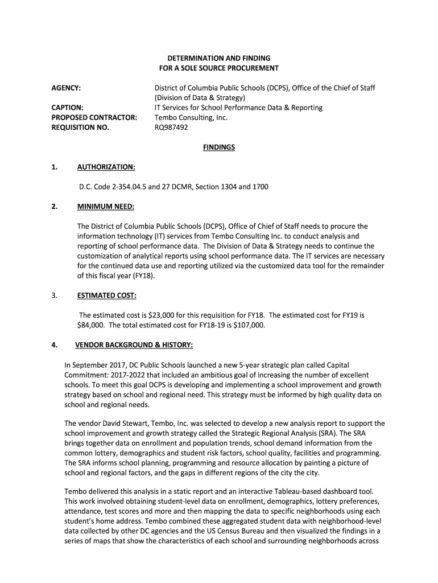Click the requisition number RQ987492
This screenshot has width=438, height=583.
pyautogui.click(x=171, y=128)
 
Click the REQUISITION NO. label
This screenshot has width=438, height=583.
pyautogui.click(x=80, y=128)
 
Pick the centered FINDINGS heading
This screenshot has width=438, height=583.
pyautogui.click(x=219, y=147)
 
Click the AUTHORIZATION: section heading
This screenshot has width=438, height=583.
pyautogui.click(x=106, y=167)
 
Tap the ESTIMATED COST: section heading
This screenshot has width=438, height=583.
pyautogui.click(x=106, y=295)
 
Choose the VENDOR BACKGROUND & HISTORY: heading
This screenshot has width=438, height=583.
pyautogui.click(x=134, y=345)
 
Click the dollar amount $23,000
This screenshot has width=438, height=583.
pyautogui.click(x=162, y=315)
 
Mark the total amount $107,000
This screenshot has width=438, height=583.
pyautogui.click(x=249, y=325)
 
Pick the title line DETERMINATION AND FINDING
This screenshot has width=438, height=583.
pyautogui.click(x=218, y=58)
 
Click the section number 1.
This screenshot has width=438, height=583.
pyautogui.click(x=54, y=167)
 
